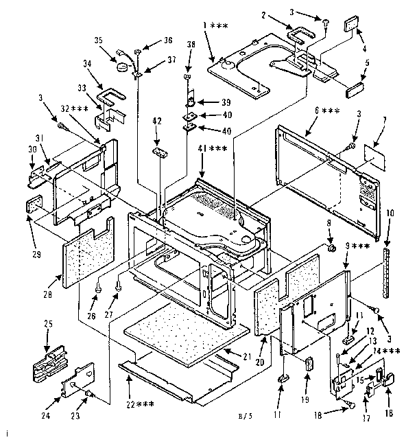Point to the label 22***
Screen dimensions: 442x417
point(139,404)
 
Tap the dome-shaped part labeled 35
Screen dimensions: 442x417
point(123,66)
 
